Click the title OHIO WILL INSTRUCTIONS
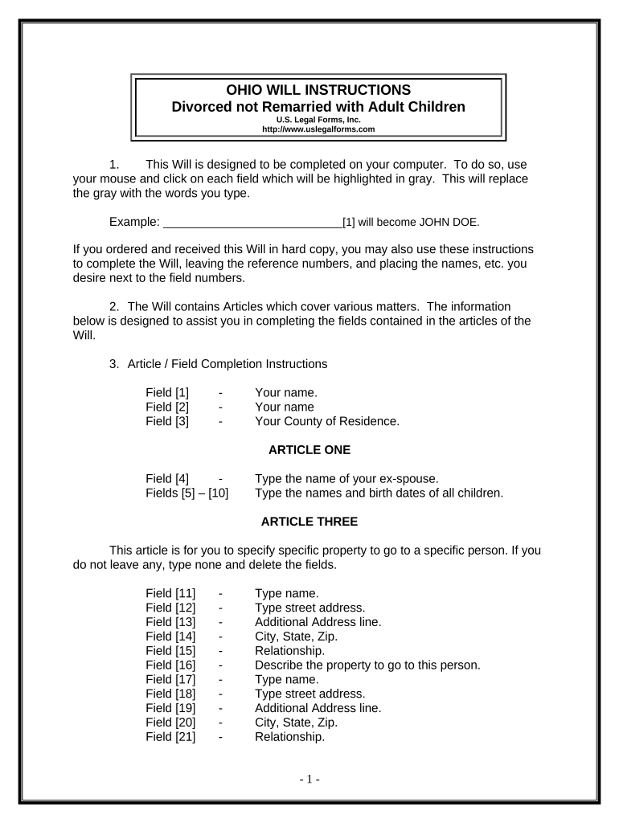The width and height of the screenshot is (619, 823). click(319, 89)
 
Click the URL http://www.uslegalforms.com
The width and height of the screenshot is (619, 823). click(319, 129)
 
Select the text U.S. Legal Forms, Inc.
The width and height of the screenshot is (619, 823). click(319, 120)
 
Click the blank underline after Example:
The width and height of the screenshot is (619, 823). click(252, 223)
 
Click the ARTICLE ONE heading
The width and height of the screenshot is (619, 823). click(309, 449)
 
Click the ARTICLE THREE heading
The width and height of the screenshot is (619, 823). click(309, 522)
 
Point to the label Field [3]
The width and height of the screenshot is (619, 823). click(167, 421)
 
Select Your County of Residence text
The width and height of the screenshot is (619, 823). click(326, 421)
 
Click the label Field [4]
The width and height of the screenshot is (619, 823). click(167, 480)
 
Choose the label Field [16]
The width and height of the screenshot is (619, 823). click(170, 665)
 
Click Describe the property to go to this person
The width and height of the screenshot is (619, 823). click(367, 665)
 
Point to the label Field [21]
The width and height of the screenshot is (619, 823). click(170, 737)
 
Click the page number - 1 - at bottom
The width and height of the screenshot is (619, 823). click(309, 780)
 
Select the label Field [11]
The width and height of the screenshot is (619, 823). click(170, 594)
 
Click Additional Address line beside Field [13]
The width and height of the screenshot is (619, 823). click(318, 622)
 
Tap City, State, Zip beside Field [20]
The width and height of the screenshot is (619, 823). click(296, 723)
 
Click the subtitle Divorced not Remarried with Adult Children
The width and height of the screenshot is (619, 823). click(319, 107)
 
